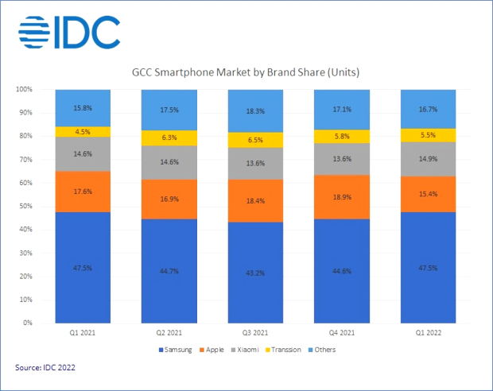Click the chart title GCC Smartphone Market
[x=246, y=73]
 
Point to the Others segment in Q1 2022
[x=429, y=109]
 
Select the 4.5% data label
[x=83, y=132]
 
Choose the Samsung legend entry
[x=176, y=349]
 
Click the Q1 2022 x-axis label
[x=429, y=332]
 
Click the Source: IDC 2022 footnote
[x=45, y=368]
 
